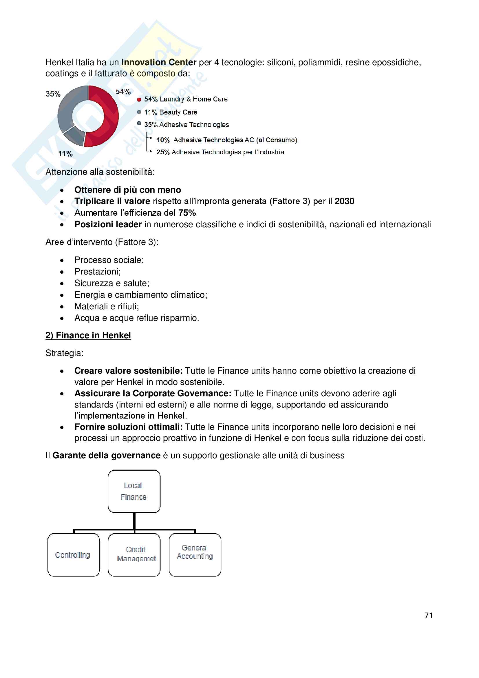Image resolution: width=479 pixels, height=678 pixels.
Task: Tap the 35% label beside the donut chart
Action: [53, 94]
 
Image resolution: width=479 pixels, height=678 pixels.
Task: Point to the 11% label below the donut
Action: [65, 154]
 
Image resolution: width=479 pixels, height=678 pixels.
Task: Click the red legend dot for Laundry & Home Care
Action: [139, 99]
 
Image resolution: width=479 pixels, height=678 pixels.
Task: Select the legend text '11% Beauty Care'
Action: [171, 112]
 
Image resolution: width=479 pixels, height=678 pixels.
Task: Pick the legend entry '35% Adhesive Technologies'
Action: [187, 125]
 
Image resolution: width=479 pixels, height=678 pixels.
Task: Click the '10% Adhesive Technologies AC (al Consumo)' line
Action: [226, 140]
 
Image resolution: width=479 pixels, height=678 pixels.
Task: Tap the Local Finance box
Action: [134, 491]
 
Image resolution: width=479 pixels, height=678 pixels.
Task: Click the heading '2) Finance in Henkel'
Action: [88, 335]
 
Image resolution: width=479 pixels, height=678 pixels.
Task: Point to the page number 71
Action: [429, 615]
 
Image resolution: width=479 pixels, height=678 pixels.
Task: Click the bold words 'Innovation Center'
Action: [159, 62]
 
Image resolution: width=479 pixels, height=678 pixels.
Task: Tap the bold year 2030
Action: [345, 201]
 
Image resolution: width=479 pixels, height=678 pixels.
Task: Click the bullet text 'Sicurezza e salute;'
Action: [112, 283]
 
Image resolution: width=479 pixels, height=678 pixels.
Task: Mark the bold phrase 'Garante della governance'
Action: [107, 455]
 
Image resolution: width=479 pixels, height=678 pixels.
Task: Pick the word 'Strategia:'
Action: [64, 353]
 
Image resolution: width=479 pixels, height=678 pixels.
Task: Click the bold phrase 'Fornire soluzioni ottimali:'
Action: [129, 427]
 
